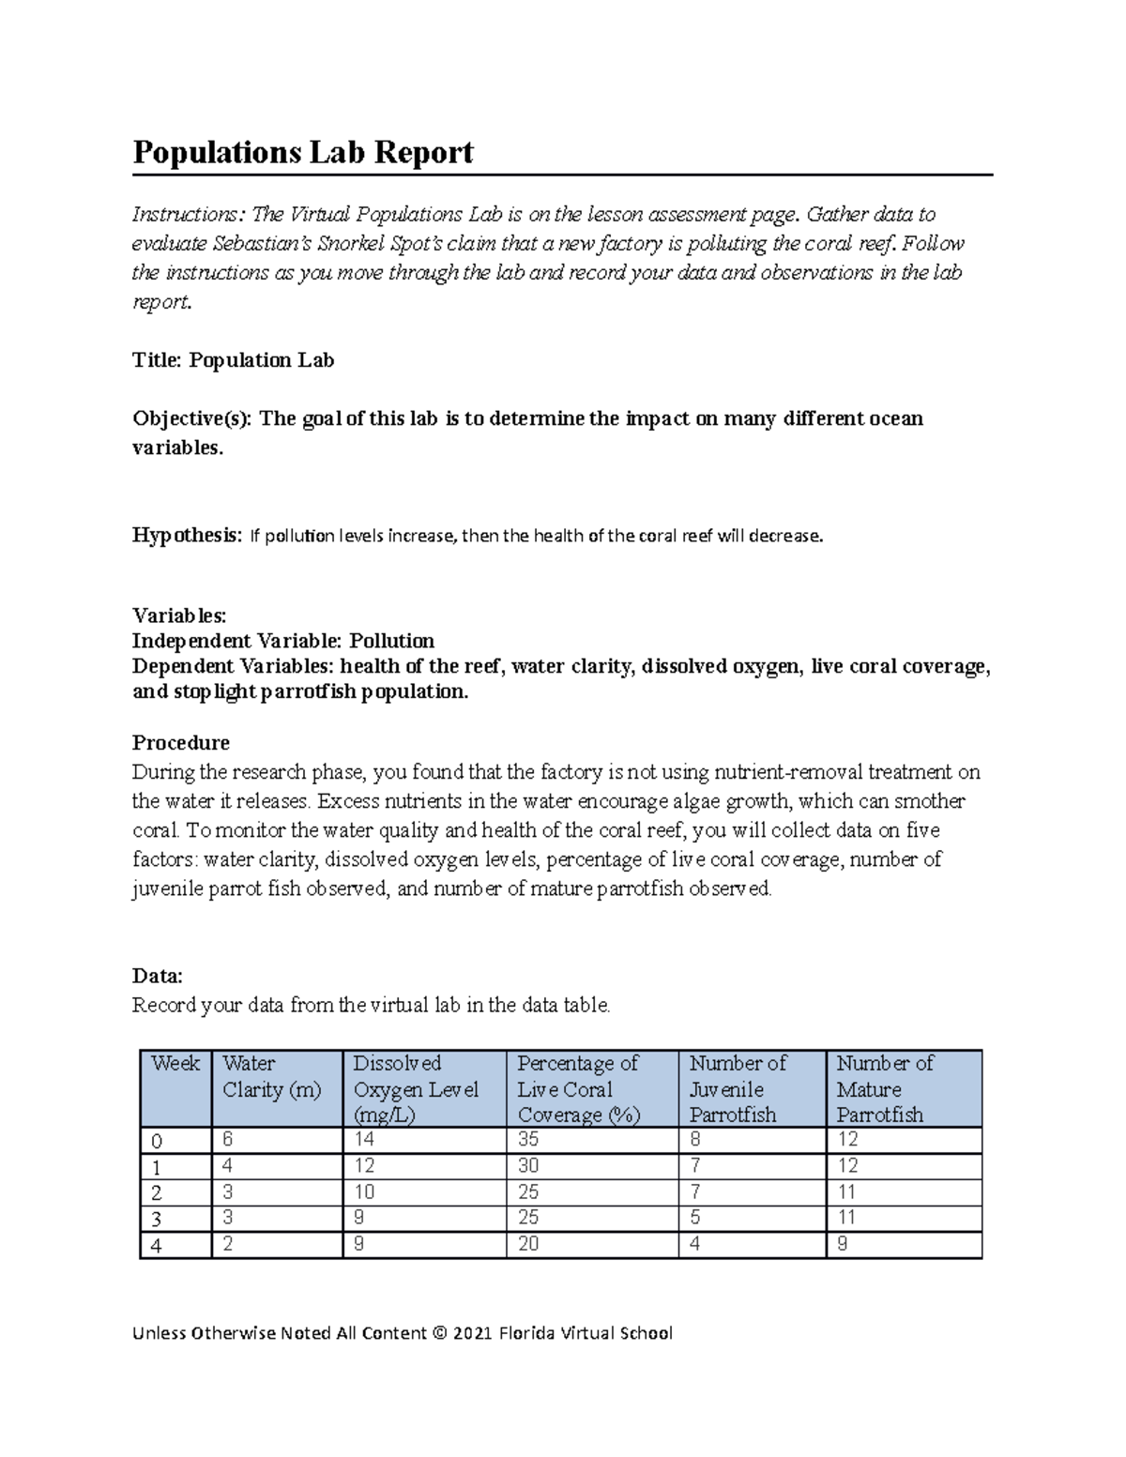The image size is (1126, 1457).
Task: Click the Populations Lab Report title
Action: [302, 152]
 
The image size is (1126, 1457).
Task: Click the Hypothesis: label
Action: [187, 536]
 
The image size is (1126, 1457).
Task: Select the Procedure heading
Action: [180, 743]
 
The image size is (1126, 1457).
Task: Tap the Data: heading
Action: [157, 976]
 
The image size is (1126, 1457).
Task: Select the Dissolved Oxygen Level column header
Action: [416, 1089]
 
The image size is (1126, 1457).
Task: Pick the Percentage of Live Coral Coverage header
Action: [578, 1089]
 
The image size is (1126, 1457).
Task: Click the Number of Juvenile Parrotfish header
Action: [738, 1089]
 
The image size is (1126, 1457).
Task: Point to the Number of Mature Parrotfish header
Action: [884, 1089]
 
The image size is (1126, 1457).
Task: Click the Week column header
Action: [175, 1064]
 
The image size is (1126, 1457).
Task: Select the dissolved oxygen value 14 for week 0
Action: [363, 1140]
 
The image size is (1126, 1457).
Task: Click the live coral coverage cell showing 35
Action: [528, 1140]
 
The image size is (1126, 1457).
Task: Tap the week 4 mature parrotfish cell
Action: [842, 1244]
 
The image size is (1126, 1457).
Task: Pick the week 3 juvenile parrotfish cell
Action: [695, 1218]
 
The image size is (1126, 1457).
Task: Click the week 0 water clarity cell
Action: [228, 1140]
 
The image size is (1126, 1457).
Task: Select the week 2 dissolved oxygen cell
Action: [364, 1192]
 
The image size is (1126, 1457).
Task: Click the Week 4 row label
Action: [157, 1246]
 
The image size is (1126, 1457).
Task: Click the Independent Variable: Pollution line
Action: [282, 641]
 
